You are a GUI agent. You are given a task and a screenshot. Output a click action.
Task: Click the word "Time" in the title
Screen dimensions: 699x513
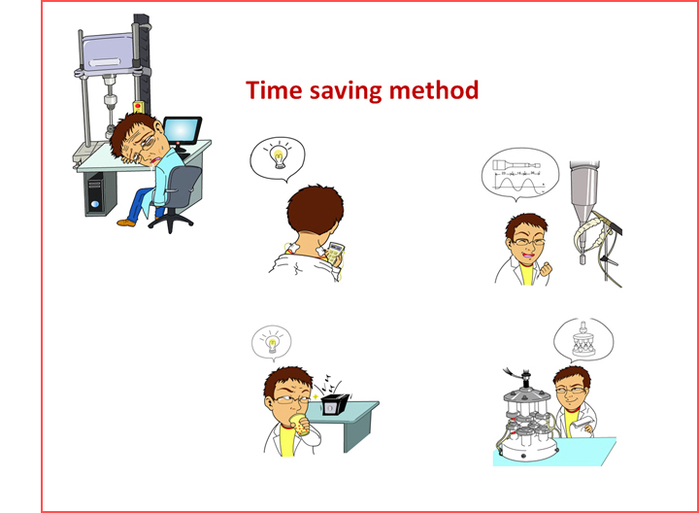coord(274,90)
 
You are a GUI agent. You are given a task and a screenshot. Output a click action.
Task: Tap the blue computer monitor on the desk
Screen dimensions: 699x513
coord(182,131)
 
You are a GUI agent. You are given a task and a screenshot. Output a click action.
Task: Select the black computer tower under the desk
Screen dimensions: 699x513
coord(96,194)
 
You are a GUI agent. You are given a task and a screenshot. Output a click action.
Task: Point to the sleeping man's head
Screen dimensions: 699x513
coord(137,137)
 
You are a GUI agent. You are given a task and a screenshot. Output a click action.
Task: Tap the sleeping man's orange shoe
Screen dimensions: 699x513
coord(125,222)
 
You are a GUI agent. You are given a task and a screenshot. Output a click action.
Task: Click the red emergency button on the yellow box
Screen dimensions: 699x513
coord(138,106)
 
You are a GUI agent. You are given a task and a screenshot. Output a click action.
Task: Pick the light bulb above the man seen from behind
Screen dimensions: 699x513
coord(279,157)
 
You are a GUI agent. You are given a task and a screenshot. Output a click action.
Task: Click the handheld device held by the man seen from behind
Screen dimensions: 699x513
coord(335,253)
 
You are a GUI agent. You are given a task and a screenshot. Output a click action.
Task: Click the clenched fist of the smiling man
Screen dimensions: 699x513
coord(546,269)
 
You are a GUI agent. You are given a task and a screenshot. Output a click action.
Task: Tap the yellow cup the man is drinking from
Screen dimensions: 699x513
coord(300,425)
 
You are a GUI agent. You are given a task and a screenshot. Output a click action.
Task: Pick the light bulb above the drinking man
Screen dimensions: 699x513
coord(272,343)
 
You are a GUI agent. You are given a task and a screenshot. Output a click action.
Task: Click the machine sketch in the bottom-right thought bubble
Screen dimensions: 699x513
coord(583,339)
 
